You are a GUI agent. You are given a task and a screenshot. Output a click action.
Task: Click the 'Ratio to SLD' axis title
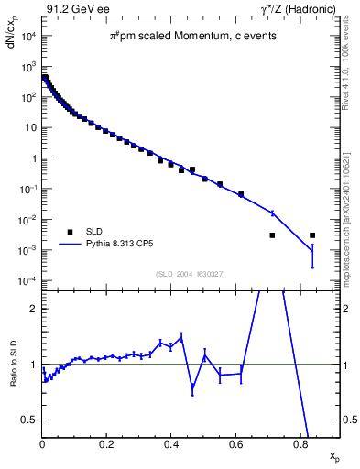click(13, 377)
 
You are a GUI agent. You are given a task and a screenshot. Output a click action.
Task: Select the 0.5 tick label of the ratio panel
click(30, 420)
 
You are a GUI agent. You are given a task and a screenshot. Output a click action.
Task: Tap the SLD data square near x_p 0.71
click(272, 235)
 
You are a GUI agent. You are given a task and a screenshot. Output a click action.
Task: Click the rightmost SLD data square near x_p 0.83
click(312, 235)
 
